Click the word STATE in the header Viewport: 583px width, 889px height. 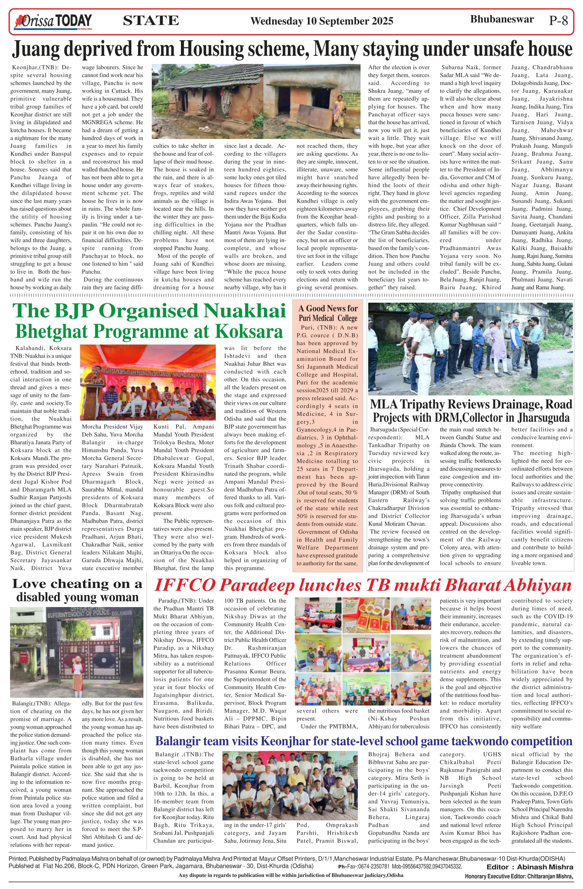[x=151, y=20]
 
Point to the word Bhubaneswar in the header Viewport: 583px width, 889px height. [x=502, y=19]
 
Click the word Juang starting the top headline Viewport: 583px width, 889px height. [x=36, y=49]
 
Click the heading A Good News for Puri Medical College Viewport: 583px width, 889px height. [x=328, y=313]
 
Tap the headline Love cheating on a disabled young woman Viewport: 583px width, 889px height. [x=77, y=590]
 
